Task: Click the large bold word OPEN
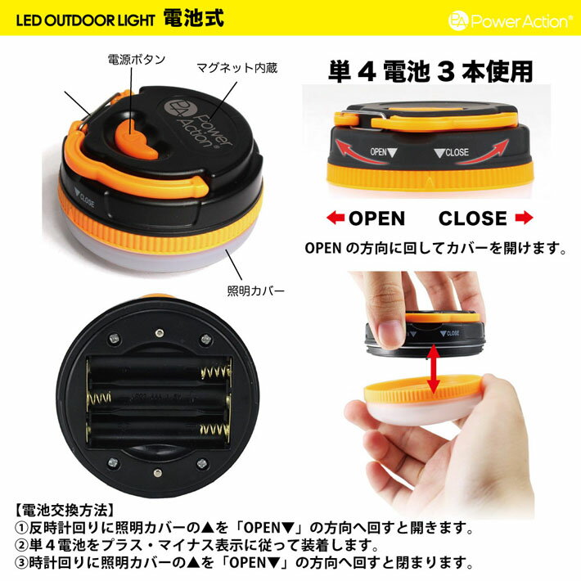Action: click(376, 218)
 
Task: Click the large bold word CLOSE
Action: click(472, 218)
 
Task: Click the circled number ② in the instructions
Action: click(22, 546)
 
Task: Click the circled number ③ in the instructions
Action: click(22, 563)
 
